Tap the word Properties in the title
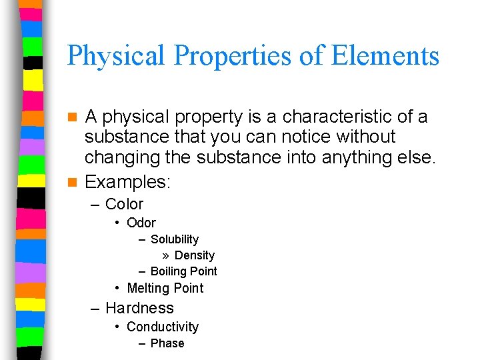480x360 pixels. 232,56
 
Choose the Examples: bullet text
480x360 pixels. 128,181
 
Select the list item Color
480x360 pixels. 124,204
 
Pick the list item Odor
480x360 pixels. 141,223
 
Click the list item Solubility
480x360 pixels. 175,239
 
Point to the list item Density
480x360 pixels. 195,255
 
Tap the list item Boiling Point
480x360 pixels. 184,271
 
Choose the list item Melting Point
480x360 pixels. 165,288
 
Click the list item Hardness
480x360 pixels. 139,308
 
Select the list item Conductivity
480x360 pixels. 163,327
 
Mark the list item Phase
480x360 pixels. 167,343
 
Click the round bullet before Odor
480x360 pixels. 117,223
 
